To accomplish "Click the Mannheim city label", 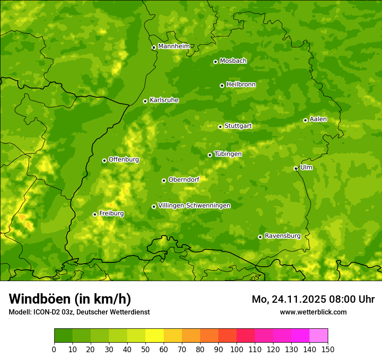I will pos(174,46).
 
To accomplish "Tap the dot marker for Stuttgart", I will pos(220,127).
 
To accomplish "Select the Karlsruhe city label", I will pos(164,100).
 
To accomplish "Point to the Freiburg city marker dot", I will pos(95,214).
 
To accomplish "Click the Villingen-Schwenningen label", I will pos(194,206).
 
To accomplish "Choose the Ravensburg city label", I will pos(283,236).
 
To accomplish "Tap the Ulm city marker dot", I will pos(296,168).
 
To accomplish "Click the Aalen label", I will pos(318,119).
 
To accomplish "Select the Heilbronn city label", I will pos(241,85).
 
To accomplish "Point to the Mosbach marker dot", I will pos(215,62).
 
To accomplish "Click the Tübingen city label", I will pos(228,154).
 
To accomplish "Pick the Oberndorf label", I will pos(184,180).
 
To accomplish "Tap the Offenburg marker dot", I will pos(104,160).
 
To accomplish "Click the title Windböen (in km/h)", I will pos(70,299).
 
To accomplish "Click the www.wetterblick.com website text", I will pos(313,312).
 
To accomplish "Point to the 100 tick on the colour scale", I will pos(237,349).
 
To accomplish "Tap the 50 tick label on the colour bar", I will pos(145,349).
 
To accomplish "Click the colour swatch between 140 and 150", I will pos(319,336).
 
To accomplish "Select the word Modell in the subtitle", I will pos(19,312).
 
